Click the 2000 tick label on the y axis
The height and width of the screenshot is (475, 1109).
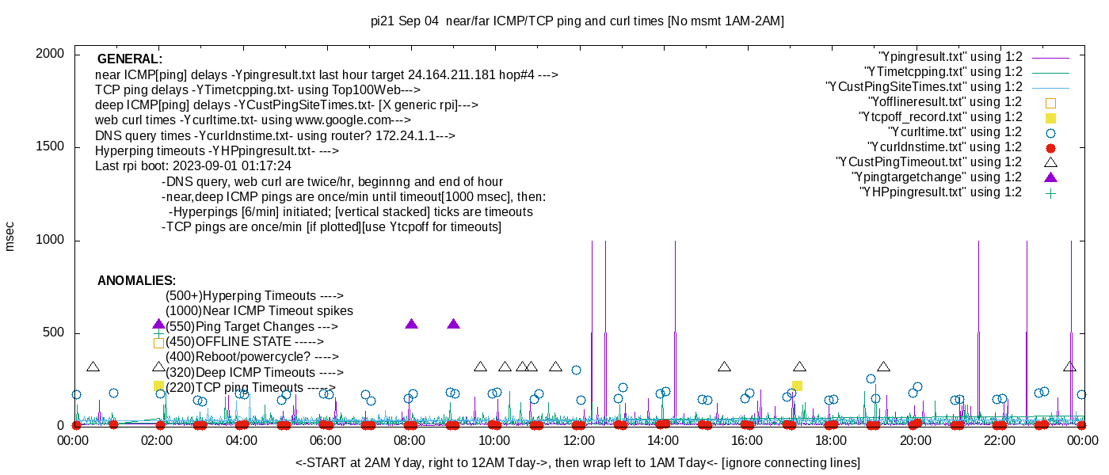click(x=50, y=54)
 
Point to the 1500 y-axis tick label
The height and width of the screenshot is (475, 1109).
click(x=50, y=147)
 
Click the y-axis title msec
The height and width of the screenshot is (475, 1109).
click(x=10, y=237)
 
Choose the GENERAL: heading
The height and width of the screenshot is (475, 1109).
click(x=130, y=59)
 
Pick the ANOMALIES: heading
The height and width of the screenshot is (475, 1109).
click(x=136, y=281)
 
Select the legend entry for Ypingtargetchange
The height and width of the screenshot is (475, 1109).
click(x=936, y=177)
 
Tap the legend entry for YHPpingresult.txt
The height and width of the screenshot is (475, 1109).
click(x=940, y=192)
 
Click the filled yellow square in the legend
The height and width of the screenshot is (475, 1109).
click(x=1050, y=117)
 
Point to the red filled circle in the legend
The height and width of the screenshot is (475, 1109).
click(x=1050, y=147)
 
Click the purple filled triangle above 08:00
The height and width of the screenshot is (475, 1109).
click(x=411, y=324)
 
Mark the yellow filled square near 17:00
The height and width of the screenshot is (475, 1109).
click(x=797, y=386)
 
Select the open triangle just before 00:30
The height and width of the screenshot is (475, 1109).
click(x=93, y=367)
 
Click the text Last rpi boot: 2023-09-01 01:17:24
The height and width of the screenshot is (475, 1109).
click(x=193, y=166)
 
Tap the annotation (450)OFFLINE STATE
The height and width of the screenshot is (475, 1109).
click(x=244, y=342)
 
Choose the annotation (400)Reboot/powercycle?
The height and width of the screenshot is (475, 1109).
click(x=252, y=357)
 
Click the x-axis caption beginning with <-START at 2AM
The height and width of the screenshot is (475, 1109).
click(x=577, y=462)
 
